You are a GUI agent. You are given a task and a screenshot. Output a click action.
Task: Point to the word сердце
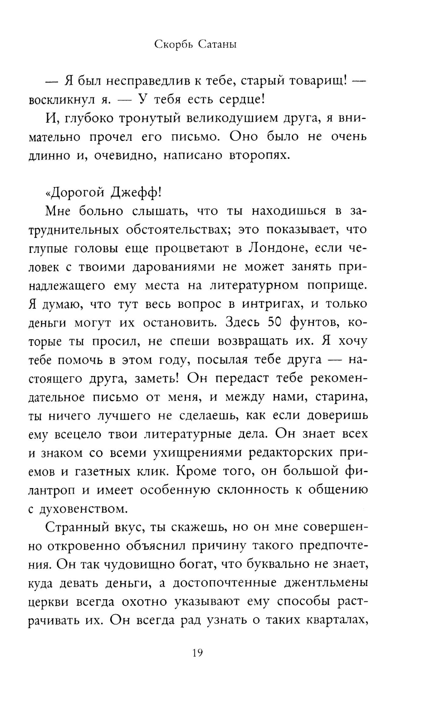click(239, 100)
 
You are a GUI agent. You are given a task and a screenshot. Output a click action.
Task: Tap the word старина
click(341, 397)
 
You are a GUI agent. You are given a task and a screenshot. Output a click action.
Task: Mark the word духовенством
click(84, 509)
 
